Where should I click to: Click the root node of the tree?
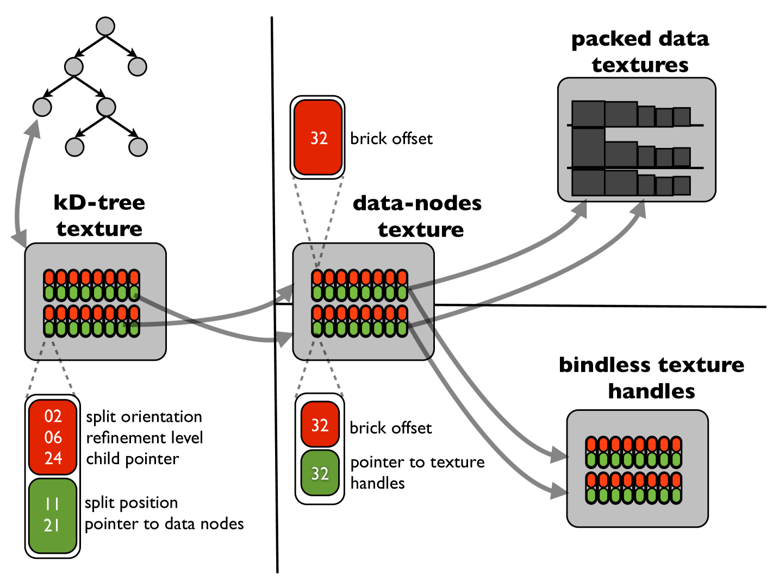[105, 26]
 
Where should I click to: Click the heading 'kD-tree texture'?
[99, 216]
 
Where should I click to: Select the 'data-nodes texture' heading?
[418, 216]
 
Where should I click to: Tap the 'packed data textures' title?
[640, 52]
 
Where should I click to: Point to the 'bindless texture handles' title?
[651, 378]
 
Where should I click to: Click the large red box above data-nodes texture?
[318, 138]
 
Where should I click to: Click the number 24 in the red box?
[53, 458]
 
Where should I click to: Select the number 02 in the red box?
[53, 416]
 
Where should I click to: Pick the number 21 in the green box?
[52, 526]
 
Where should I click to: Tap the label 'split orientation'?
[144, 417]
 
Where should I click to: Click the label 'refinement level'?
[145, 438]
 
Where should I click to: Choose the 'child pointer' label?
[133, 459]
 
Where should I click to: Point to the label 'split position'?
[132, 503]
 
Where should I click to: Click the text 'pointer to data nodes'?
[164, 524]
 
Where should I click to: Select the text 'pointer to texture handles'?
[417, 472]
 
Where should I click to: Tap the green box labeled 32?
[320, 473]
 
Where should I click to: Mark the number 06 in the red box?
[53, 437]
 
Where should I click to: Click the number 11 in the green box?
[52, 504]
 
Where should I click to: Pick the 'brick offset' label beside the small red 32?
[391, 428]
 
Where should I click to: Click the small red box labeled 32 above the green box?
[320, 425]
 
